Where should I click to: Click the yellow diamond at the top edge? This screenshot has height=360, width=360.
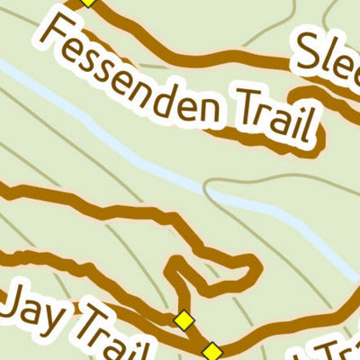[x=87, y=2]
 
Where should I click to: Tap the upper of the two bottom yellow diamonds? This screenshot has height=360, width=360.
[x=184, y=319]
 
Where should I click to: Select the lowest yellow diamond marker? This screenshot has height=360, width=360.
[x=212, y=351]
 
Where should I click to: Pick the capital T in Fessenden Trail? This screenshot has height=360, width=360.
[x=234, y=103]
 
